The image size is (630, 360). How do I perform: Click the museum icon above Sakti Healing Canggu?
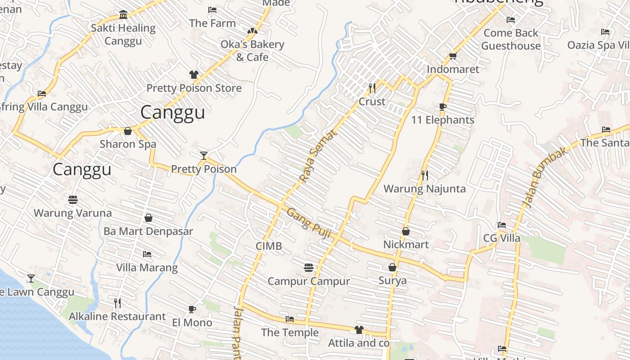pos(123,15)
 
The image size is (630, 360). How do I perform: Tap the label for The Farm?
pos(212,23)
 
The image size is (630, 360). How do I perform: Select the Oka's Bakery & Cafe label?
pos(252,50)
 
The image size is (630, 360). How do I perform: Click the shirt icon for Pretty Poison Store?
pos(194,75)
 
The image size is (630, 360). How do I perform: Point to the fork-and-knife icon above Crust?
pos(372,88)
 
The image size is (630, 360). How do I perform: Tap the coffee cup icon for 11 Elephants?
pos(443,107)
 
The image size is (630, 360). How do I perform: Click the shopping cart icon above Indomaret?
pos(453,56)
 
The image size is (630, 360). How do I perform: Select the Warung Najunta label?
pos(424,189)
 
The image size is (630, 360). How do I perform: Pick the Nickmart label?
pos(406,244)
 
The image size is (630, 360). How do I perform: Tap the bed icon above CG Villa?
pos(502,225)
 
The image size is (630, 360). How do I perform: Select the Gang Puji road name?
pos(309,223)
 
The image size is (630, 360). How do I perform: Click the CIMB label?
pos(269,246)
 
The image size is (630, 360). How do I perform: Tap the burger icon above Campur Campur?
pos(309,268)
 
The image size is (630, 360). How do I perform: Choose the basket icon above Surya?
pos(392,267)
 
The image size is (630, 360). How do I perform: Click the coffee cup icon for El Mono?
pos(192,309)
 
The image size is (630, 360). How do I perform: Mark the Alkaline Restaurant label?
pos(117,316)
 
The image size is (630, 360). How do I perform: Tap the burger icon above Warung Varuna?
pos(73,199)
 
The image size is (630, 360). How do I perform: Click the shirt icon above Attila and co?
pos(359,330)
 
